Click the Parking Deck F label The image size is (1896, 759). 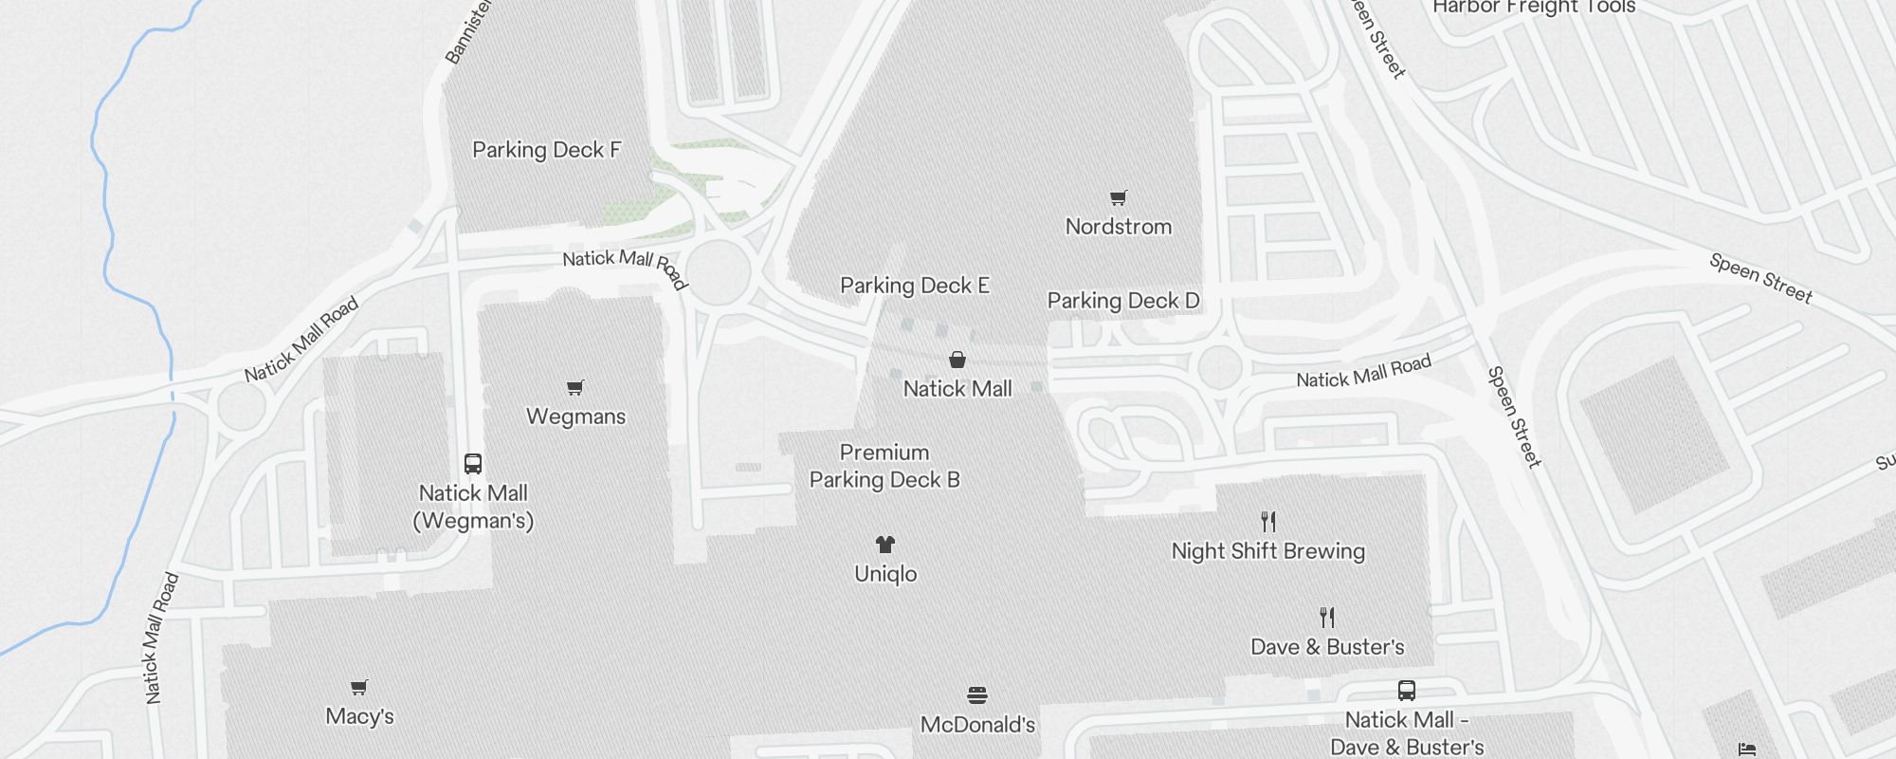coord(546,150)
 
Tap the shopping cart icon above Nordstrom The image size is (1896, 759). coord(1119,198)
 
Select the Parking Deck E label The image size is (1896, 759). coord(915,286)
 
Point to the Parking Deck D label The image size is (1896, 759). coord(1123,301)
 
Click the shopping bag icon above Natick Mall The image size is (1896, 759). coord(957,360)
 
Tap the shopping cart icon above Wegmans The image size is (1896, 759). coord(575,387)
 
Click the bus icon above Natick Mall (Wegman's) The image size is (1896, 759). coord(473,464)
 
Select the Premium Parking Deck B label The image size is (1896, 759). coord(884,466)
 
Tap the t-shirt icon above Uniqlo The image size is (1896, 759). coord(885,545)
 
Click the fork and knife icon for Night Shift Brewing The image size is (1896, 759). coord(1268,522)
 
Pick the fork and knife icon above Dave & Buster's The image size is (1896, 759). coord(1327,618)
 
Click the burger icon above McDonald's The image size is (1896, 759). coord(977,695)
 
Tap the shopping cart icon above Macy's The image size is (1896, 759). coord(359,687)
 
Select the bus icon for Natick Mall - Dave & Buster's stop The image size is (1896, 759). coord(1407,691)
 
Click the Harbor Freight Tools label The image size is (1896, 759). coord(1534,8)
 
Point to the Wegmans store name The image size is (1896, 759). coord(575,417)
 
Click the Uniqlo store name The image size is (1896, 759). coord(885,574)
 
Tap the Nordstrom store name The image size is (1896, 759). coord(1119,227)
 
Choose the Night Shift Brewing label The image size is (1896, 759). coord(1268,551)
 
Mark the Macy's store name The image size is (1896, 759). coord(359,716)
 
